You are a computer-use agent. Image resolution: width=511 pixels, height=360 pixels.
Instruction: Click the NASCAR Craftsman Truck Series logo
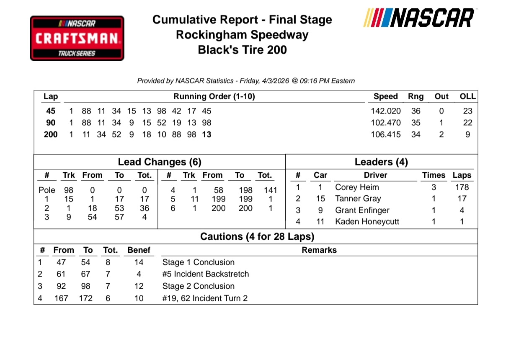point(77,38)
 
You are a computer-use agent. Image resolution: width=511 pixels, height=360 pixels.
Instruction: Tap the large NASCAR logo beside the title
point(418,18)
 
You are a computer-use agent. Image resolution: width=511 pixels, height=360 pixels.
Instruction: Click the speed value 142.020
point(385,111)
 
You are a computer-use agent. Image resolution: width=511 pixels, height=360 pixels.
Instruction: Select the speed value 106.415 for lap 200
point(385,135)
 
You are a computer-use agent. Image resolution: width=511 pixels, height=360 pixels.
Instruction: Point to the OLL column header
point(467,96)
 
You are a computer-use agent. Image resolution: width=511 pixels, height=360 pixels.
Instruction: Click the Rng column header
point(416,96)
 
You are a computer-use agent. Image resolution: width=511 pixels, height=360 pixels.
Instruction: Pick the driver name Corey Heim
point(357,187)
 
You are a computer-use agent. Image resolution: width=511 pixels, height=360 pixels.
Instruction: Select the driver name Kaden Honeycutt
point(367,222)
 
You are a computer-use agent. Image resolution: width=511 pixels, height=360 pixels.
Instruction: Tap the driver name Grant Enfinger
point(362,210)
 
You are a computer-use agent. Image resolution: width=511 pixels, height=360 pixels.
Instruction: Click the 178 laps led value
point(462,187)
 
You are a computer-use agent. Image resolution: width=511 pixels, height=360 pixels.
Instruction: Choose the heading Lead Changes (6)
point(160,162)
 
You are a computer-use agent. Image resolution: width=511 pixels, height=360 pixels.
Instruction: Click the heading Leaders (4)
point(381,162)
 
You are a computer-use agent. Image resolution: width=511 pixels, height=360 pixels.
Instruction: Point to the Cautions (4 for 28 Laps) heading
point(257,237)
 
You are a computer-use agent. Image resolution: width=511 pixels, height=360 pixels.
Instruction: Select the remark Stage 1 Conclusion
point(198,262)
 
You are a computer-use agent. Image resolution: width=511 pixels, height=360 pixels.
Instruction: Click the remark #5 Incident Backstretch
point(205,274)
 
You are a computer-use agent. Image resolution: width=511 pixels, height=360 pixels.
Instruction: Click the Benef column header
point(139,250)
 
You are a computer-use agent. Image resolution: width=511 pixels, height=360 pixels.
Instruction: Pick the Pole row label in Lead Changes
point(47,190)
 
